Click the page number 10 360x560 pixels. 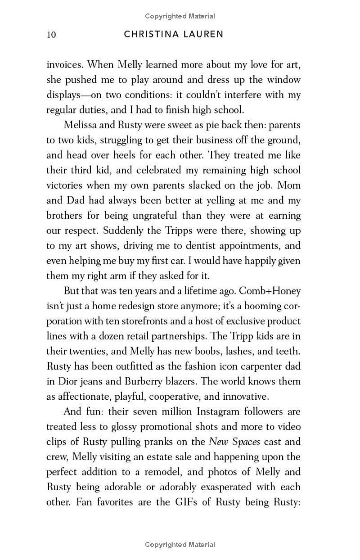pyautogui.click(x=51, y=35)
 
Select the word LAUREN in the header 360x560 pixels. pyautogui.click(x=204, y=35)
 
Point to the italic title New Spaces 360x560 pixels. pyautogui.click(x=234, y=441)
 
